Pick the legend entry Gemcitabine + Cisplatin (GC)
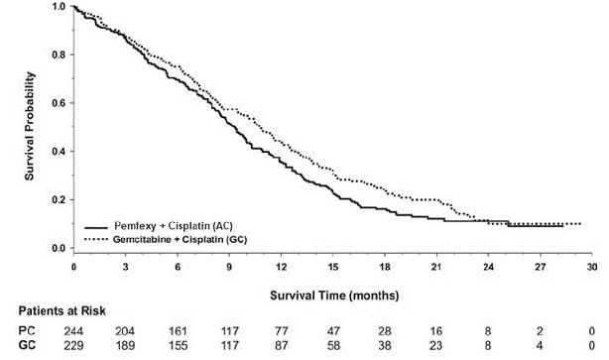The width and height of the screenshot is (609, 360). pyautogui.click(x=180, y=239)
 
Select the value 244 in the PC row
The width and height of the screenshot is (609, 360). pyautogui.click(x=74, y=331)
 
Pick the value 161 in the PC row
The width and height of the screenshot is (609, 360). pyautogui.click(x=178, y=331)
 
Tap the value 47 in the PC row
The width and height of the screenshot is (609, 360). pyautogui.click(x=332, y=331)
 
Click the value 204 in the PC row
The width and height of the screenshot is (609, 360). pyautogui.click(x=126, y=331)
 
